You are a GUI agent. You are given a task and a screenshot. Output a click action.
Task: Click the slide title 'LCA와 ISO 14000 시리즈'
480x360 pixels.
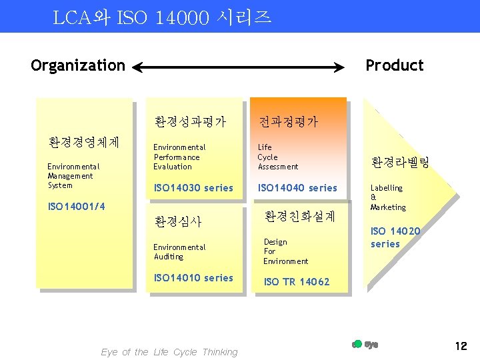[x=162, y=17]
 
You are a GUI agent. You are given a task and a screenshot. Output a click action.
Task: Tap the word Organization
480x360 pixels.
[x=78, y=65]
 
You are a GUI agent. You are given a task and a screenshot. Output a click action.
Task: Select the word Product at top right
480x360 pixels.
[x=394, y=65]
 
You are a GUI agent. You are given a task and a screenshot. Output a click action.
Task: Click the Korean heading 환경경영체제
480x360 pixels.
[x=84, y=142]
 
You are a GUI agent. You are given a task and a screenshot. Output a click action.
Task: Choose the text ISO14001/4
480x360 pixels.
[x=77, y=207]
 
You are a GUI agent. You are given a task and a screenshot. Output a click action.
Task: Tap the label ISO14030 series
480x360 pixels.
[x=193, y=188]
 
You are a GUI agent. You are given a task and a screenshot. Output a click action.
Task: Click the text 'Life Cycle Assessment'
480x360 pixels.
[x=277, y=157]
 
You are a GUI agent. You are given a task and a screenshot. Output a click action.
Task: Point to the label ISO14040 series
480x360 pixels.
[x=297, y=188]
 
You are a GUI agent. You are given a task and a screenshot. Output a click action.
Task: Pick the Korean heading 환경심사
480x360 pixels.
[x=177, y=221]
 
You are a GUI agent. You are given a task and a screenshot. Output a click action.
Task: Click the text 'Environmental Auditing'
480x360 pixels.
[x=179, y=252]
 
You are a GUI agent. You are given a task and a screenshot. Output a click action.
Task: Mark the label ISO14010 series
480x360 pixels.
[x=193, y=278]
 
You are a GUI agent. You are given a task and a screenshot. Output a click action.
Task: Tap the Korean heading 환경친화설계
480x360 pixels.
[x=299, y=217]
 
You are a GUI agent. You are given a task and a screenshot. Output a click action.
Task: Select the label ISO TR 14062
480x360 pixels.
[x=296, y=281]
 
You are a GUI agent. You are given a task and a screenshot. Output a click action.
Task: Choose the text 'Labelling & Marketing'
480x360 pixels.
[x=387, y=197]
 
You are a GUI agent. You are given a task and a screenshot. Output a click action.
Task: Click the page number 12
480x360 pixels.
[x=461, y=346]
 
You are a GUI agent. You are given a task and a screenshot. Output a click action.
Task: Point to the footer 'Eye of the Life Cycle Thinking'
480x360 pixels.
[x=169, y=352]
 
